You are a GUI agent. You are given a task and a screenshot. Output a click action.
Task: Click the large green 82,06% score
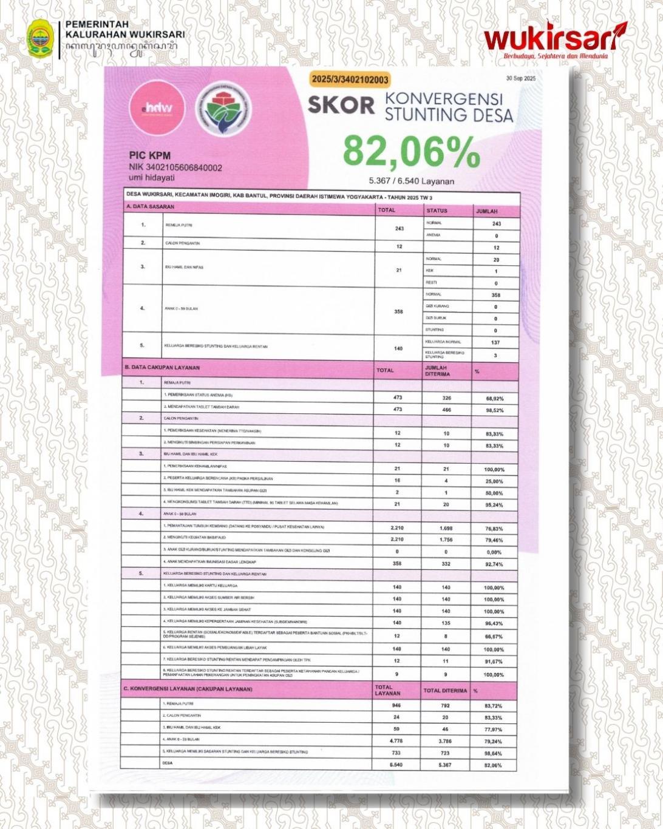[411, 152]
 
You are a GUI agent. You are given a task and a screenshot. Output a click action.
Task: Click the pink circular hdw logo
[157, 108]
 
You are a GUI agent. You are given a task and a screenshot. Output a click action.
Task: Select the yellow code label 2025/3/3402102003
[349, 80]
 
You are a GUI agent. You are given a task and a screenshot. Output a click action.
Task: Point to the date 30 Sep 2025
[520, 79]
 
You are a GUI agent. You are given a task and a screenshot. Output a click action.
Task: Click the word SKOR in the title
[341, 105]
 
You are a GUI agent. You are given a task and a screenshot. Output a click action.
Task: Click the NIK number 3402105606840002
[175, 167]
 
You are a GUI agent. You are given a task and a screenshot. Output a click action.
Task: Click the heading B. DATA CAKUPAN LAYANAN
[162, 368]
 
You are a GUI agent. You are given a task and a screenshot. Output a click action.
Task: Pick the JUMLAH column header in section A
[487, 211]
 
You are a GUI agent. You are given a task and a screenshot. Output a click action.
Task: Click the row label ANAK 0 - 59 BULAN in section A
[182, 309]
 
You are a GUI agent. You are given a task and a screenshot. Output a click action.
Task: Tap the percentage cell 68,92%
[493, 399]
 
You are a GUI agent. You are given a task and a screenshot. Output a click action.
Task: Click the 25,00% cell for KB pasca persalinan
[493, 481]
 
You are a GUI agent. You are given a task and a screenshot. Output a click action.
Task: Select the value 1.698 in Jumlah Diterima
[446, 529]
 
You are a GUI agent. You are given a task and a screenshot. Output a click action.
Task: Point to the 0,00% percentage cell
[493, 552]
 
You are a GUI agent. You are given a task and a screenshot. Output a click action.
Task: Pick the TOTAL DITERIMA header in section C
[445, 691]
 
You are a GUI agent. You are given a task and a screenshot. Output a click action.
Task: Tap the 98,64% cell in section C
[493, 753]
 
